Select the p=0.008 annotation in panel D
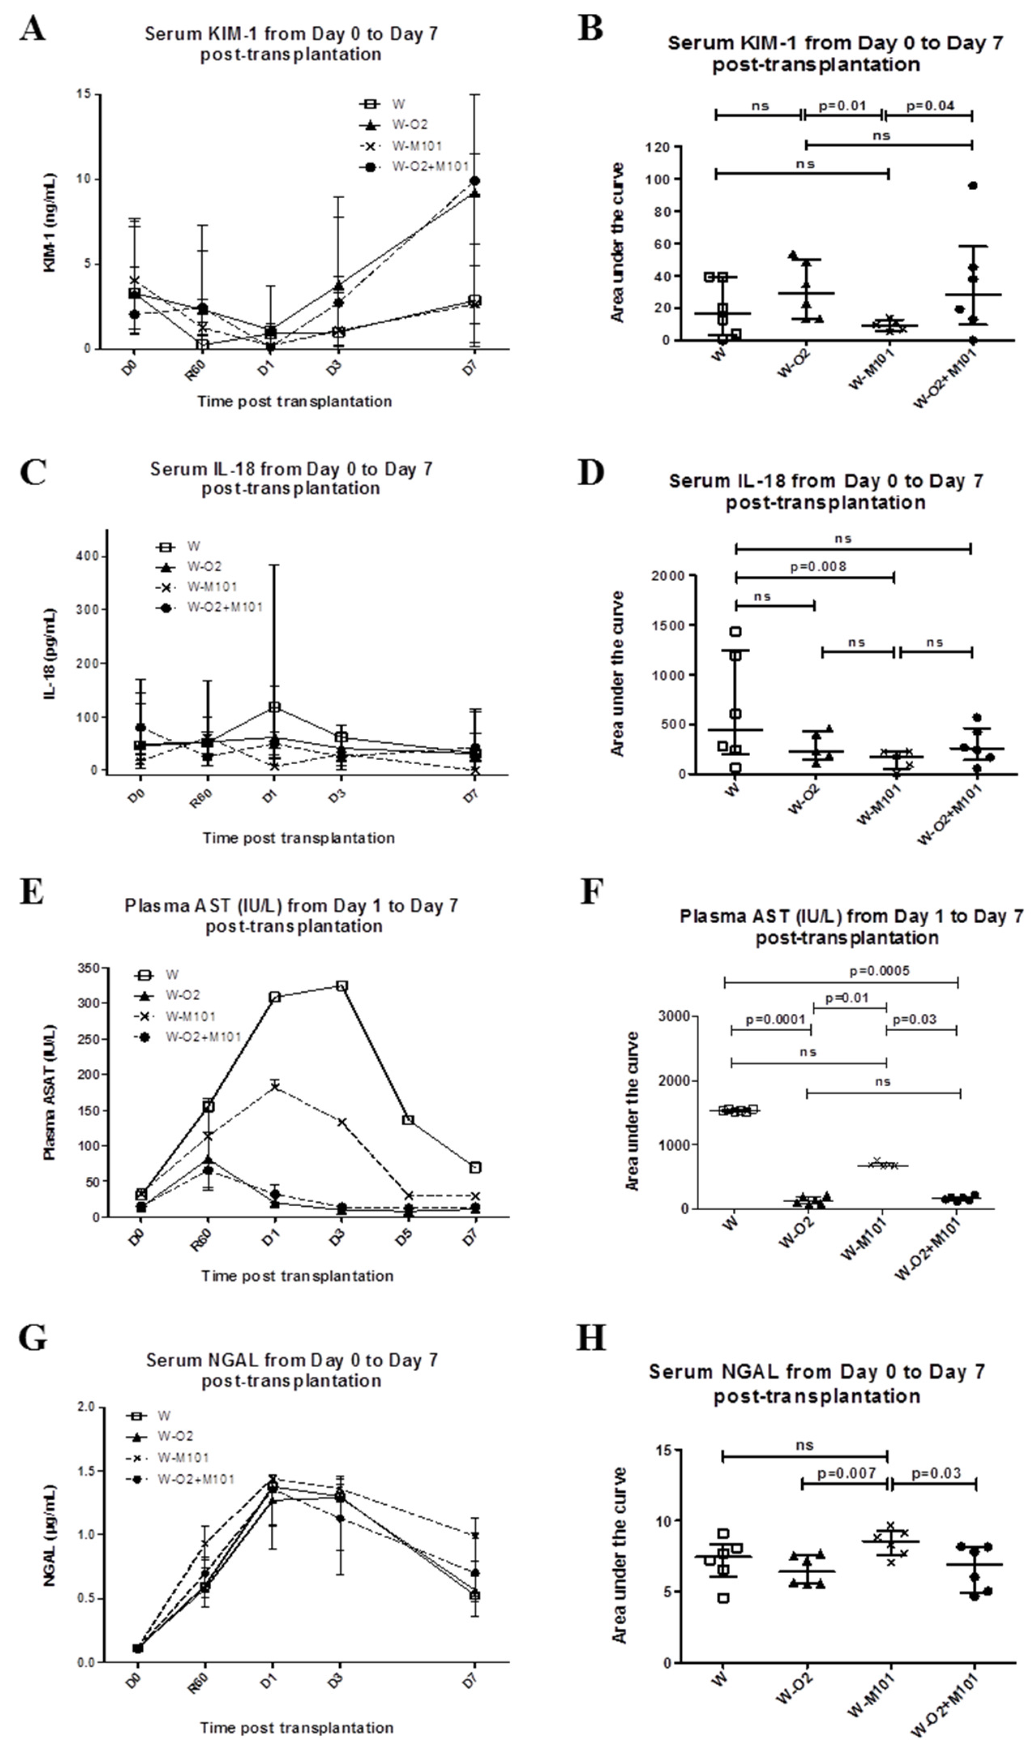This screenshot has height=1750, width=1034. [818, 566]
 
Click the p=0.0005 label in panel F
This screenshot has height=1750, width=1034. [879, 971]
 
